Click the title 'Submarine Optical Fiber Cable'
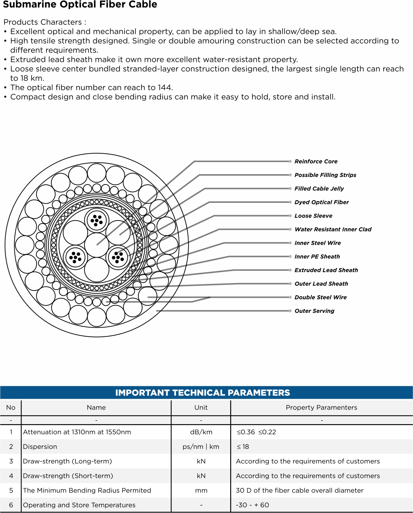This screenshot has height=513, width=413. click(80, 5)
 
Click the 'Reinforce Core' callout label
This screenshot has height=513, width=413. click(316, 161)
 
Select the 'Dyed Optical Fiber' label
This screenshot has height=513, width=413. click(321, 202)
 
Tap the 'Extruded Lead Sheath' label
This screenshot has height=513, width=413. click(326, 270)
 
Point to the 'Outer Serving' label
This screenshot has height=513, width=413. click(314, 311)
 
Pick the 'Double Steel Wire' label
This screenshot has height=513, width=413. click(320, 297)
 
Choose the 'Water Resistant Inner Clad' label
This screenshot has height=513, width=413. click(333, 229)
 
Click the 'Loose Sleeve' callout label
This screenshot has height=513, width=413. click(313, 216)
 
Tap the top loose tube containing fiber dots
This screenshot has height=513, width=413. click(97, 220)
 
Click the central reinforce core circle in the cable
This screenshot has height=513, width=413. click(97, 245)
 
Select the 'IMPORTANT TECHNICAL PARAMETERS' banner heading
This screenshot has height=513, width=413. click(203, 393)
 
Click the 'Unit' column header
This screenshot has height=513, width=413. click(201, 407)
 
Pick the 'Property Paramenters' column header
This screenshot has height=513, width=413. click(321, 407)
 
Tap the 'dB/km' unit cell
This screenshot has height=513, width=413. click(201, 432)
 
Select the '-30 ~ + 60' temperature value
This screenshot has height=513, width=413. click(252, 505)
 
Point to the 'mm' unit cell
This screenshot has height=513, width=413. click(201, 490)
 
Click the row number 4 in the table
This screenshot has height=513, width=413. click(11, 476)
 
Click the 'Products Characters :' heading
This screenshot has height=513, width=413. click(45, 22)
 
